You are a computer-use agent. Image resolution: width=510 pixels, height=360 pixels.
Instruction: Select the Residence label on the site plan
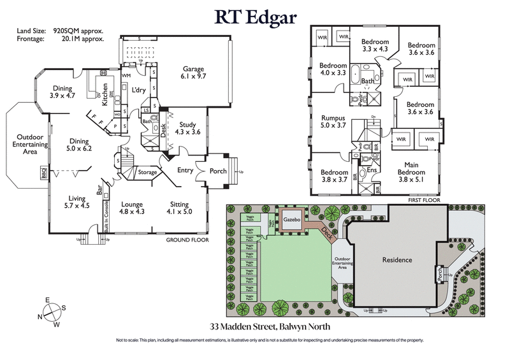397,260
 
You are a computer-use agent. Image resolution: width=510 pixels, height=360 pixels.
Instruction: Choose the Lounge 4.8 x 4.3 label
133,208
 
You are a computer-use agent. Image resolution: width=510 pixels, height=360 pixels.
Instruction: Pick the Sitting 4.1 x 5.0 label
179,208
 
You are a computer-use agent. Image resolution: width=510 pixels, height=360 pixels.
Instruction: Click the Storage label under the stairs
147,172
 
